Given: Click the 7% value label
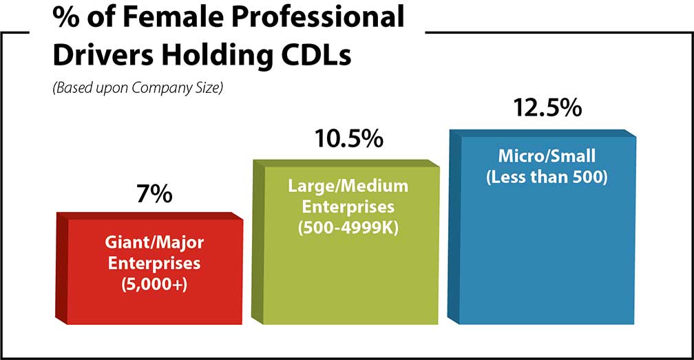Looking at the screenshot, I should pos(151,195).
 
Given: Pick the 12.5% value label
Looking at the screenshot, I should pos(547,109).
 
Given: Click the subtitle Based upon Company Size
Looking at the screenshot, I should pos(138,89).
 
